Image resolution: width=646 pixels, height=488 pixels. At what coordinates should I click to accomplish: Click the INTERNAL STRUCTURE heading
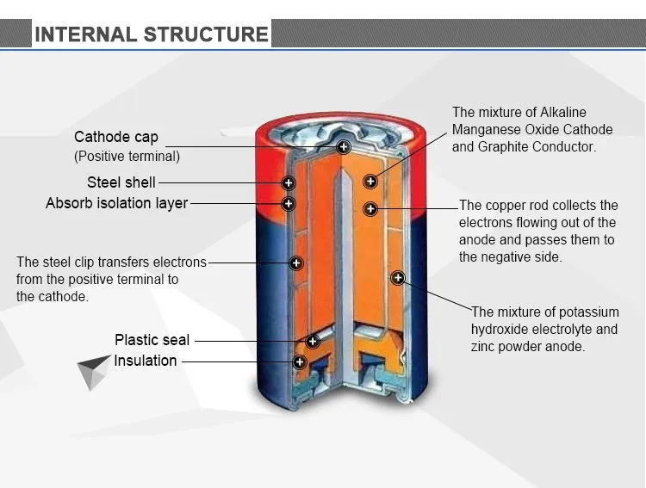click(x=151, y=34)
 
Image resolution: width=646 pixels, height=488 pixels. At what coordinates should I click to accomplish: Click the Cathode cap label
click(x=116, y=138)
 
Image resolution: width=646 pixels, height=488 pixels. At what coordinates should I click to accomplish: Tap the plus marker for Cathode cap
click(x=343, y=147)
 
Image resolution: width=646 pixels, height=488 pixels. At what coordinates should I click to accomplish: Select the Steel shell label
click(x=121, y=182)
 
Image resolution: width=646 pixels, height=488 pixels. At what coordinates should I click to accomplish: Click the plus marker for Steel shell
click(x=289, y=182)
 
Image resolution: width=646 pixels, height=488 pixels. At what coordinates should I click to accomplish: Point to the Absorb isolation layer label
click(x=116, y=204)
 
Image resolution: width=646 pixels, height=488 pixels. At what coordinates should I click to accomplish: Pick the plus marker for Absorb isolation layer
click(x=289, y=204)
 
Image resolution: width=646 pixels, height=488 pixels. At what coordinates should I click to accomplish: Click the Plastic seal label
click(x=152, y=340)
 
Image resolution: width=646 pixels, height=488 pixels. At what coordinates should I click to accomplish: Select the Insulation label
click(x=146, y=361)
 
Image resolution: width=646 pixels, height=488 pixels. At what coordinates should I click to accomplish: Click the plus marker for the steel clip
click(x=296, y=262)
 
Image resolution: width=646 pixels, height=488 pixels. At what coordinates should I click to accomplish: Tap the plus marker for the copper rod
click(x=370, y=208)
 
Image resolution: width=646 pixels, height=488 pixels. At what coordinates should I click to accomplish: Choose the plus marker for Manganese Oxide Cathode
click(x=370, y=181)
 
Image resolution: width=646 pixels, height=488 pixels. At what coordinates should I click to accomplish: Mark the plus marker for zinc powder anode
click(x=398, y=277)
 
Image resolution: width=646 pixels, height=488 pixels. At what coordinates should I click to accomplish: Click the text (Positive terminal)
click(x=127, y=157)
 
